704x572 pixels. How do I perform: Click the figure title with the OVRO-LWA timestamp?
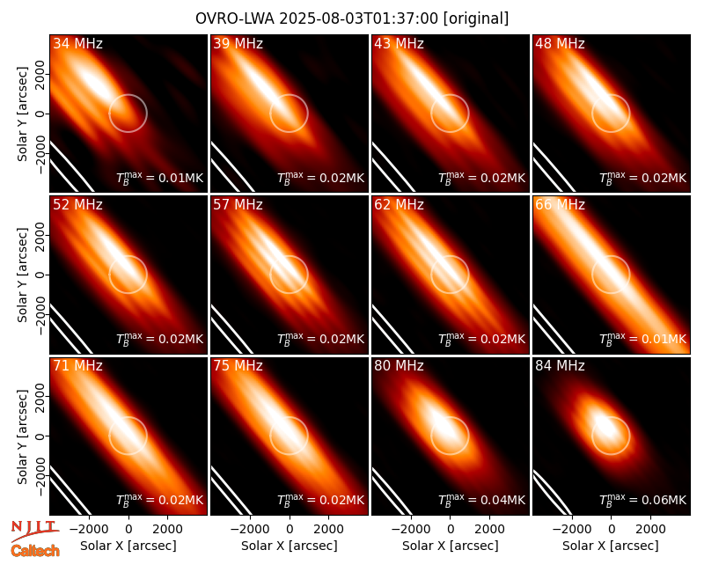[x=352, y=18]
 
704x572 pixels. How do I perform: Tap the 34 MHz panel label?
[x=77, y=43]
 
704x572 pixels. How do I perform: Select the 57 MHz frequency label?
[x=238, y=205]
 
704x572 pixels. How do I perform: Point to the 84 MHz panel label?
[x=560, y=366]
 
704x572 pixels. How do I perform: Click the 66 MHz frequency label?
[x=560, y=205]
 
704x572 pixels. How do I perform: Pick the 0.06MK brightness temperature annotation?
[x=643, y=500]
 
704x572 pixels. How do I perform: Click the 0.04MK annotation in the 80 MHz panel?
[x=481, y=500]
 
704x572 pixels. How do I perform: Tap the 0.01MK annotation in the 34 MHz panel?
[x=160, y=179]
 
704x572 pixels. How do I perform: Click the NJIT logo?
[x=34, y=531]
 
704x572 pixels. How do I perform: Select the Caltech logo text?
[x=35, y=551]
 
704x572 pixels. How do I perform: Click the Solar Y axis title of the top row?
[x=22, y=114]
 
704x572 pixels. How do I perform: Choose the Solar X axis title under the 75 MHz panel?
[x=290, y=546]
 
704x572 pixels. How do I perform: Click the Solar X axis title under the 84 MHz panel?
[x=611, y=546]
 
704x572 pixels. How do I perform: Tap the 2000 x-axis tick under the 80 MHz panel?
[x=489, y=530]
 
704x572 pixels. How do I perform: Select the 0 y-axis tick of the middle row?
[x=40, y=275]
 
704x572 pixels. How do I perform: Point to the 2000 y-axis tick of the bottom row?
[x=40, y=396]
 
